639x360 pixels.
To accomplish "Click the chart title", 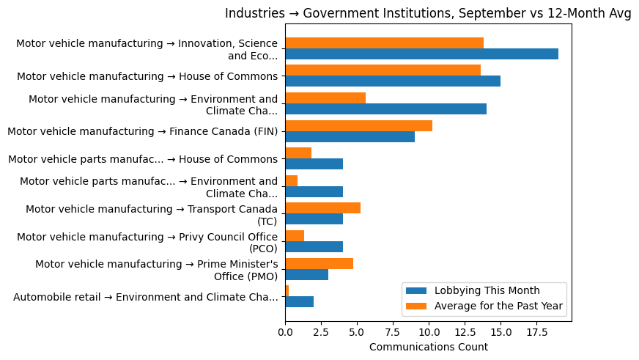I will [428, 13].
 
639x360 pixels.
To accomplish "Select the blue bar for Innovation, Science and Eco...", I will [421, 54].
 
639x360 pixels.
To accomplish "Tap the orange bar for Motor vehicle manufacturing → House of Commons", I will [383, 70].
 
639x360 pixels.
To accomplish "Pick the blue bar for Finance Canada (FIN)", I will [350, 136].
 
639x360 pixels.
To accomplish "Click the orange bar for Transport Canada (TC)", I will [322, 208].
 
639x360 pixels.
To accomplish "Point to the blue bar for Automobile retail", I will [299, 302].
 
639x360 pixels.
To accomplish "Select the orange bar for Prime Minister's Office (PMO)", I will [319, 263].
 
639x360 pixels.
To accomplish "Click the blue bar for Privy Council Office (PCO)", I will [314, 247].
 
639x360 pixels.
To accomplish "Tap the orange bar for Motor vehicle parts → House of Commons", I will [298, 153].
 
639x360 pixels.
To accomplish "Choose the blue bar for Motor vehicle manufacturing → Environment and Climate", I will [385, 109].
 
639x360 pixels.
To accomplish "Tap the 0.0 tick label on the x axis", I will [285, 332].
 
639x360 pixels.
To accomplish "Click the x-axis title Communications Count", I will [428, 347].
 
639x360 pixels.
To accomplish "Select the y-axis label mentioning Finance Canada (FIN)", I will [142, 131].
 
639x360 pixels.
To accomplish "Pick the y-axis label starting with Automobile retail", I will [146, 297].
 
